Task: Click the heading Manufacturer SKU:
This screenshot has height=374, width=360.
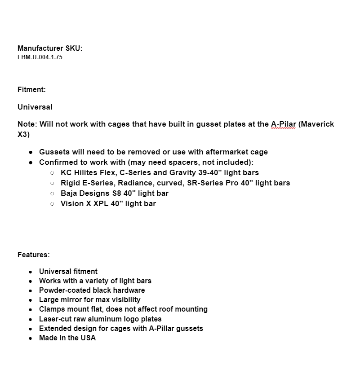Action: tap(50, 48)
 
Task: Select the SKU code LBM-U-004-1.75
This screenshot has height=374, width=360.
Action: tap(40, 57)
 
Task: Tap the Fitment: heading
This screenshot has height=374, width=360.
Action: tap(31, 90)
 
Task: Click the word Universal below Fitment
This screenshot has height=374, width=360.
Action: tap(35, 107)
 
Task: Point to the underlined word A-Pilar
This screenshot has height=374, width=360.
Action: tap(283, 124)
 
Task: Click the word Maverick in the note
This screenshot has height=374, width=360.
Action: tap(317, 124)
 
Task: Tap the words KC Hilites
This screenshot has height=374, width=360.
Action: tap(79, 173)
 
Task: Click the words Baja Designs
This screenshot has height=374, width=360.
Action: tap(85, 194)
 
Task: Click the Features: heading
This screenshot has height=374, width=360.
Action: tap(34, 255)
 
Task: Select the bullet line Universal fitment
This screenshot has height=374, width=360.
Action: tap(68, 272)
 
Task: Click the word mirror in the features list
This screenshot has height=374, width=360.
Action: tap(72, 300)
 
